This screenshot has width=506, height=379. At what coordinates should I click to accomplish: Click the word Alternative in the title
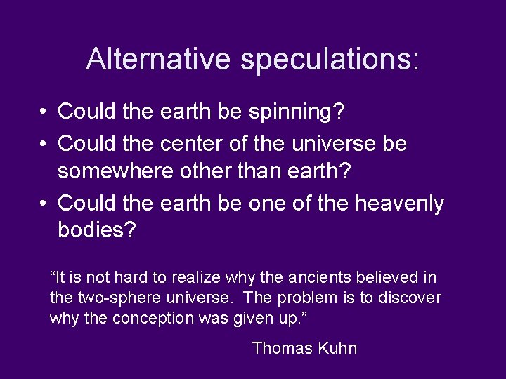click(x=158, y=59)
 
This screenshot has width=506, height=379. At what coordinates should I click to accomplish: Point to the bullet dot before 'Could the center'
click(x=43, y=144)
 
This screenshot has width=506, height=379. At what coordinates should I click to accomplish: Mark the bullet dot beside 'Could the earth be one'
click(x=43, y=204)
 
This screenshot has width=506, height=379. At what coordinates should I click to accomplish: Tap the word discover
click(x=410, y=298)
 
